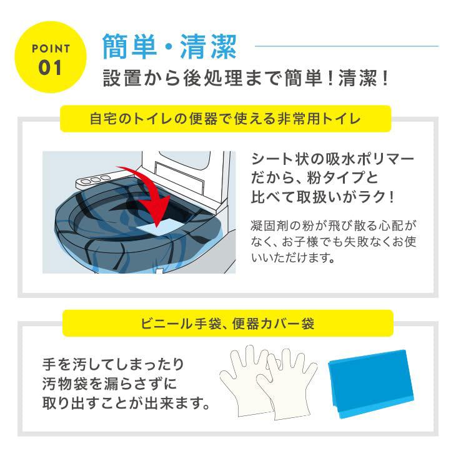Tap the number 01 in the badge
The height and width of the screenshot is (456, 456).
[51, 67]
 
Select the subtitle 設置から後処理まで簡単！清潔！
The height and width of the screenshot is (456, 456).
[249, 80]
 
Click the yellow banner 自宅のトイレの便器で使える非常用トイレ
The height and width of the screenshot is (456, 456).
[226, 119]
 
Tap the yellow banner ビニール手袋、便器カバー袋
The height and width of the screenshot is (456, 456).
[228, 324]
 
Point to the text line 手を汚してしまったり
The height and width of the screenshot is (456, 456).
[112, 364]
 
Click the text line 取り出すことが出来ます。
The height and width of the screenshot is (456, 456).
[125, 402]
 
